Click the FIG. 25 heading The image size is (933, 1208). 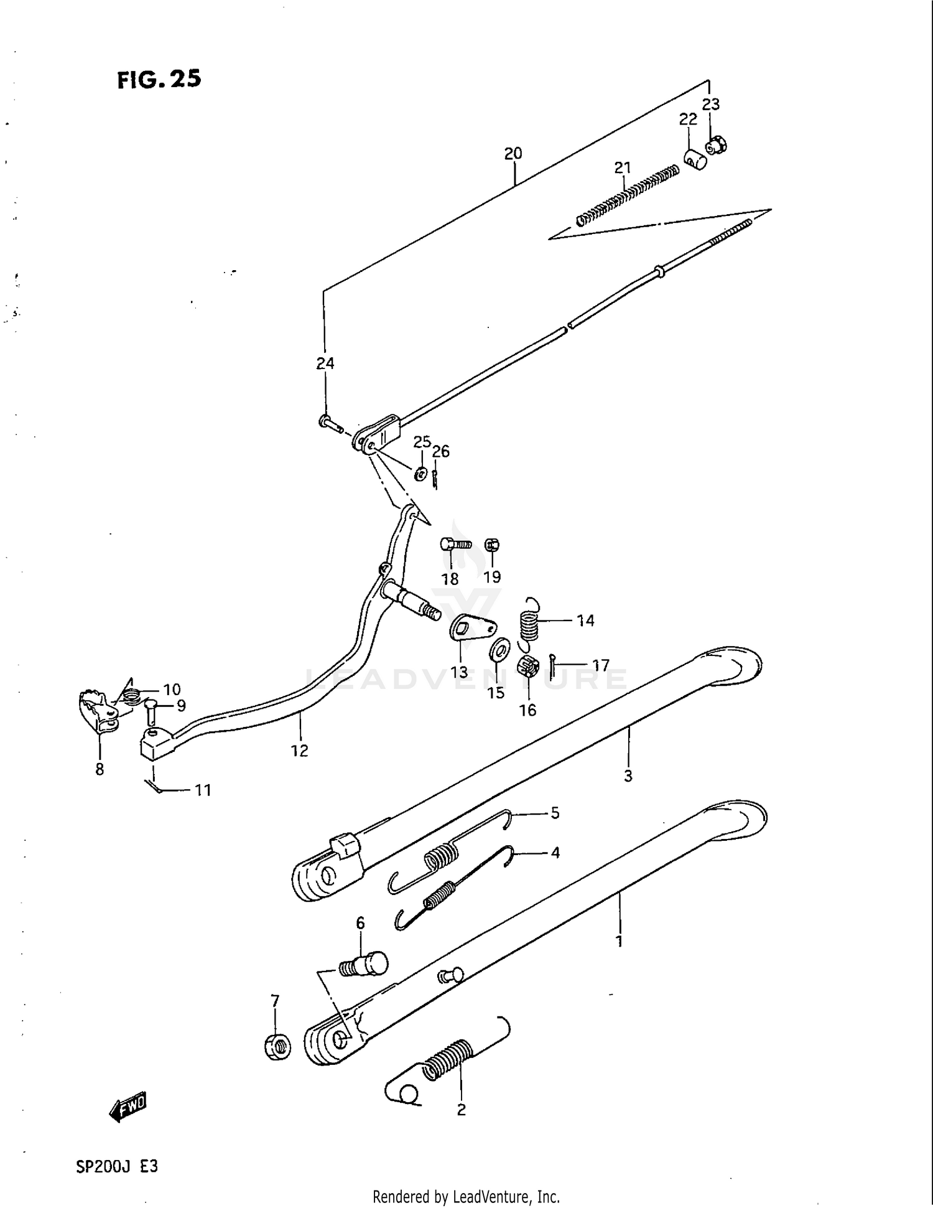click(x=159, y=80)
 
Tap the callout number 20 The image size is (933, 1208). click(x=513, y=153)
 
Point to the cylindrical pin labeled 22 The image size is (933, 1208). click(x=695, y=160)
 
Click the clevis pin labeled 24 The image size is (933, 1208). click(x=330, y=424)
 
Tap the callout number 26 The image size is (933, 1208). click(x=440, y=451)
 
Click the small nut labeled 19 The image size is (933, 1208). click(x=491, y=546)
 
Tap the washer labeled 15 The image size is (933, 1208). click(x=499, y=650)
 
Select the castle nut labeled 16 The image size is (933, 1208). click(x=527, y=667)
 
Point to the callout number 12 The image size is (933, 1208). click(x=299, y=751)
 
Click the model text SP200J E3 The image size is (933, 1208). click(x=117, y=1166)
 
